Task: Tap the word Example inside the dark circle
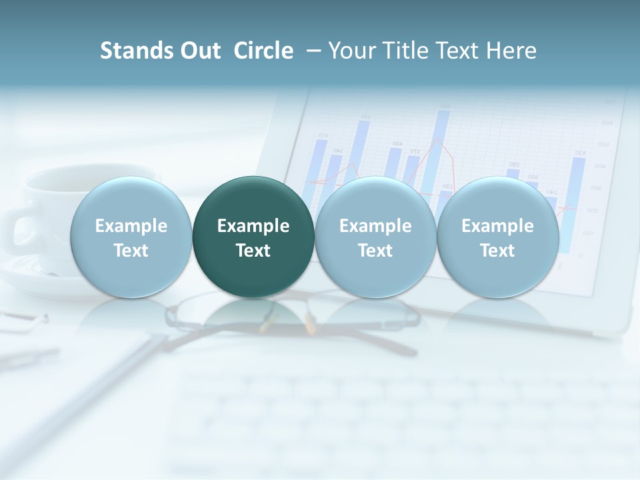(x=253, y=226)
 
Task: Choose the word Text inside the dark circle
(x=253, y=251)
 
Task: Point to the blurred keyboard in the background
(x=400, y=420)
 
